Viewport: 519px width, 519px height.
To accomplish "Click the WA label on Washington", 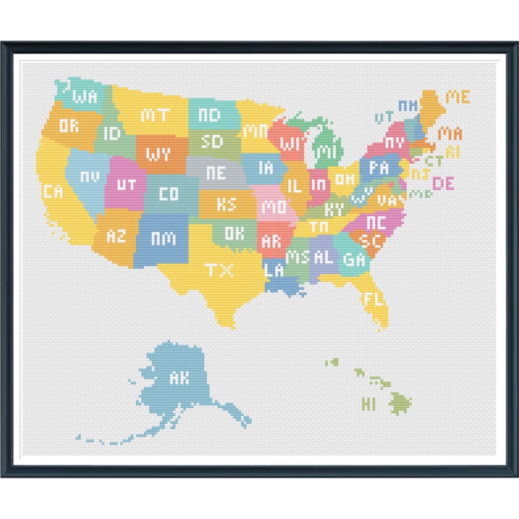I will [x=86, y=97].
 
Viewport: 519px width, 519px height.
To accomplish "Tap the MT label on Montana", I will [x=155, y=116].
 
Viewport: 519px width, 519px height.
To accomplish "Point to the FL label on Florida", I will [x=375, y=299].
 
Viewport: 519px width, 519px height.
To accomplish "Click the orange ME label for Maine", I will [x=458, y=97].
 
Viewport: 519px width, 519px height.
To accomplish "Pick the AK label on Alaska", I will [x=178, y=377].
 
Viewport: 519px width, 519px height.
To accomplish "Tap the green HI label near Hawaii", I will [x=369, y=403].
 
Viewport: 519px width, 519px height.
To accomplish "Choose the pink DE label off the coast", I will [x=443, y=184].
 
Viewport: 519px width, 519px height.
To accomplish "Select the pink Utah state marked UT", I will [x=126, y=184].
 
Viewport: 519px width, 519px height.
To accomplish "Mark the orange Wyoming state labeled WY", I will [x=158, y=154].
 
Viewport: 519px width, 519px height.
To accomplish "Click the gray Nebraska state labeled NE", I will [x=215, y=173].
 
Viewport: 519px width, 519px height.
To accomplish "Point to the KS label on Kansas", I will [x=226, y=204].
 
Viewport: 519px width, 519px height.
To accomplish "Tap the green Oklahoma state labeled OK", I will [x=235, y=233].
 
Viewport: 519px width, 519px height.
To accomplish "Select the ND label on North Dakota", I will [x=209, y=115].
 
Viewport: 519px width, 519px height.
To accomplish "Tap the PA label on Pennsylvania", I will [x=378, y=168].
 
